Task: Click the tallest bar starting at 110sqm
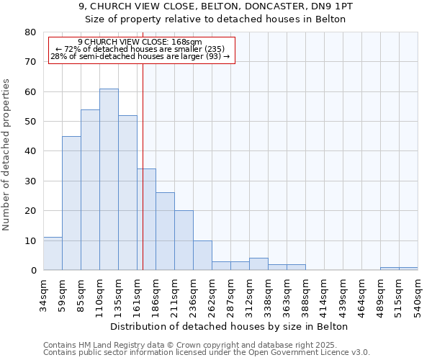(x=109, y=179)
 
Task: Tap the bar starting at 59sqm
(x=71, y=203)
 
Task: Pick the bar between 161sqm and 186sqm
(x=146, y=220)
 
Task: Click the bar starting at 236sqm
(x=202, y=256)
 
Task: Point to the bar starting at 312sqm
(x=258, y=264)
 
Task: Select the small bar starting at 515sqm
(x=408, y=269)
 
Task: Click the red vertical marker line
(x=143, y=144)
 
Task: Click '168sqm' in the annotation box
(x=189, y=42)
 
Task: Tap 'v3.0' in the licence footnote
(x=360, y=352)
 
